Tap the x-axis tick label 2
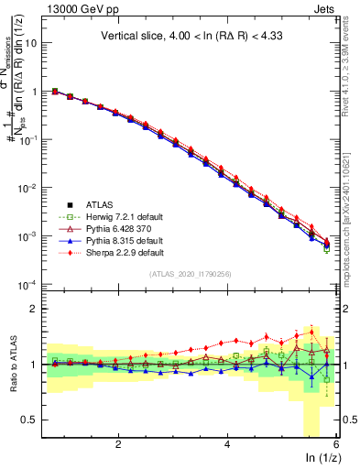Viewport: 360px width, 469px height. pos(118,443)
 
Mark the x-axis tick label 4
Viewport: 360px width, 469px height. pos(227,443)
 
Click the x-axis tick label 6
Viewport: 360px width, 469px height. pos(336,443)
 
